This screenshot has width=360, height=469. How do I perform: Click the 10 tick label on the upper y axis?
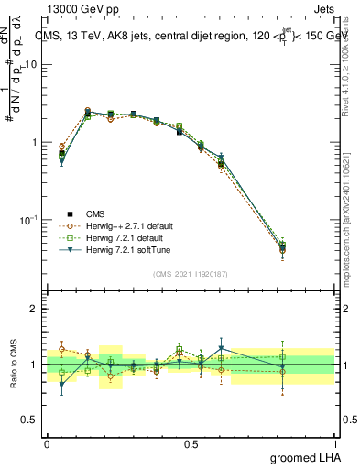click(31, 64)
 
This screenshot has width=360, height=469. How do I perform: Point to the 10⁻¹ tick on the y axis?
click(28, 220)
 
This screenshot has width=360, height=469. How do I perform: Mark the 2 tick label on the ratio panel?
click(34, 309)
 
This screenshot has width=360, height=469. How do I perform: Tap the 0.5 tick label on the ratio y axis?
click(29, 420)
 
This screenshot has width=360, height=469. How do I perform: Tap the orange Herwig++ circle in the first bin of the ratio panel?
click(61, 349)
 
